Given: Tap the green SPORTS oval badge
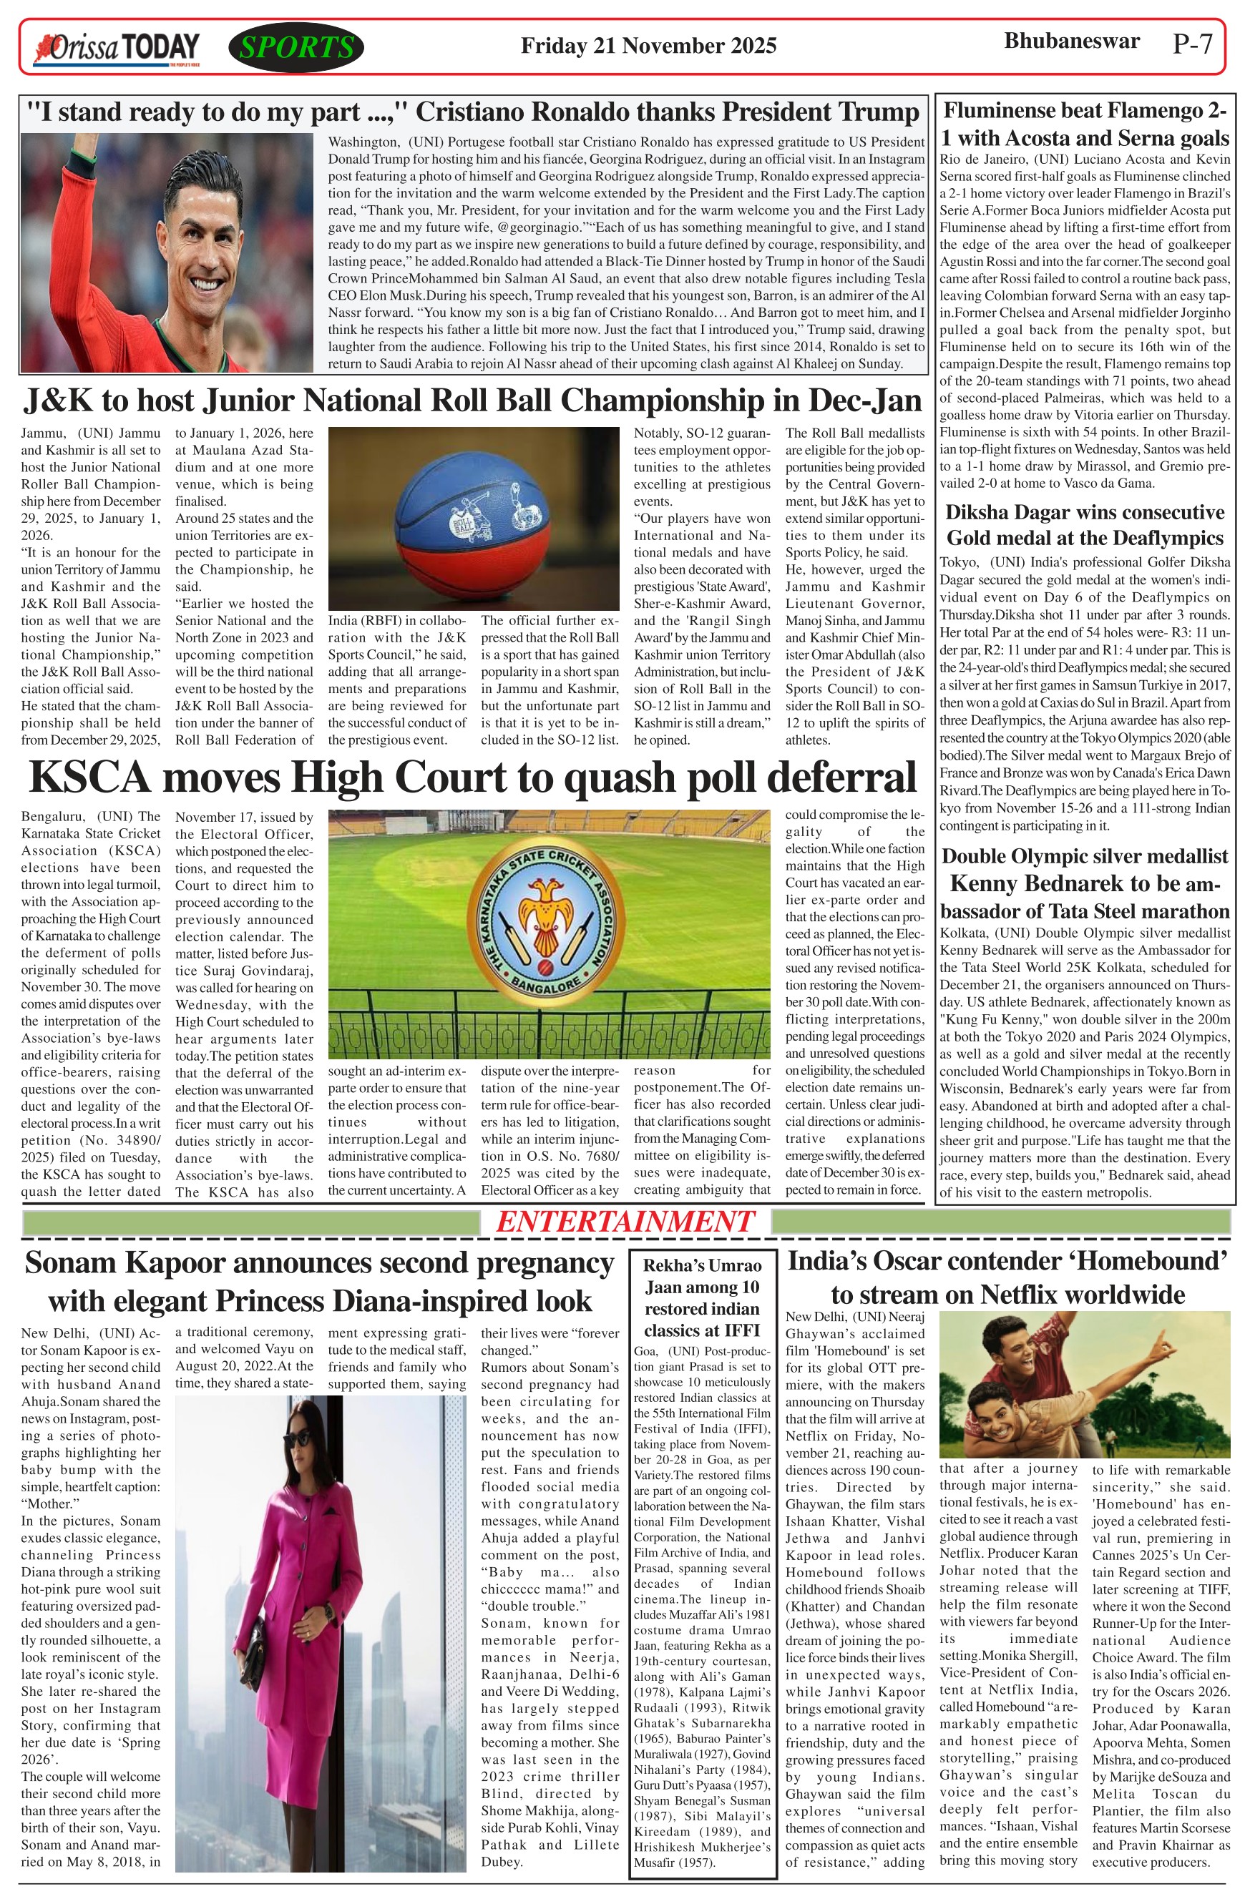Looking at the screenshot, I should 296,48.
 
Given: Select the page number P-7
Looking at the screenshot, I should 1192,44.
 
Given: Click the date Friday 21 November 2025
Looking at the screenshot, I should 648,46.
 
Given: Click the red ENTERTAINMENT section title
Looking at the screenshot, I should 625,1222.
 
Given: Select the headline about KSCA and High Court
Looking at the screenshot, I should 472,778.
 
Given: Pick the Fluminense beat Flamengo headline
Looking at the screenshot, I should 1085,124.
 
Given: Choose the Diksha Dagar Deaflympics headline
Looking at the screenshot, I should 1085,524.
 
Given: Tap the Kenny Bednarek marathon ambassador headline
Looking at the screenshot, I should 1085,883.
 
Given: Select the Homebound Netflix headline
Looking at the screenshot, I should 1007,1277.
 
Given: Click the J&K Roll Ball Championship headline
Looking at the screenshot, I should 472,400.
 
